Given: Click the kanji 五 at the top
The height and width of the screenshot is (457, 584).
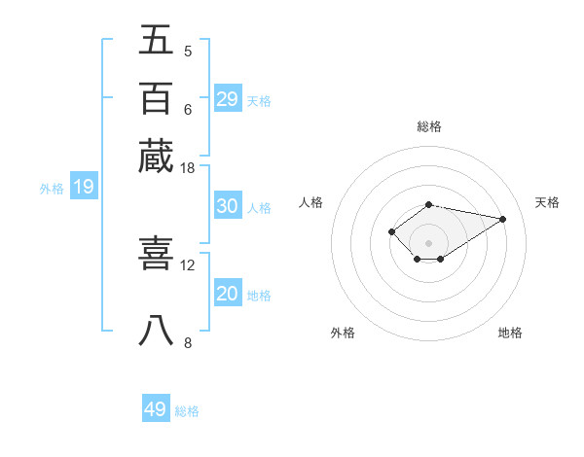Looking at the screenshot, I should (x=157, y=40).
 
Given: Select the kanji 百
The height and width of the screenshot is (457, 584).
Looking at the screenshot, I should (x=157, y=98).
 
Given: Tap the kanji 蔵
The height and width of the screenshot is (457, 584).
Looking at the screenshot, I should (x=157, y=157).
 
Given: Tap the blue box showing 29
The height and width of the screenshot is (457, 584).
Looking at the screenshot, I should (x=228, y=99).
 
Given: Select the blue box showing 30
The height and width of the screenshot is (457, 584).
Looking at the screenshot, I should (x=228, y=206).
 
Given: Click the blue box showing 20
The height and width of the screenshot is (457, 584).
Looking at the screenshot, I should (x=228, y=294).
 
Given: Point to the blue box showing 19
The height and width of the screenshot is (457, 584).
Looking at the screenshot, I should (x=83, y=187).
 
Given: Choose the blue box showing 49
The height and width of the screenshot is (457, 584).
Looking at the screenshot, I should (x=156, y=409).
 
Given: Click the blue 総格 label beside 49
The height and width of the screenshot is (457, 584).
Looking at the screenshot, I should (x=187, y=411).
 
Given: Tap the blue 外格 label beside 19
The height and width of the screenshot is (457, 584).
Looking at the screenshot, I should (x=52, y=189).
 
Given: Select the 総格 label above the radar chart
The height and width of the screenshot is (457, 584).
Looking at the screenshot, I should (x=429, y=126).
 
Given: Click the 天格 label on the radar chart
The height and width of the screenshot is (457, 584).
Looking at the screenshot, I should (x=547, y=202).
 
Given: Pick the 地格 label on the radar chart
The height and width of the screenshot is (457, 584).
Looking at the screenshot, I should (x=510, y=333).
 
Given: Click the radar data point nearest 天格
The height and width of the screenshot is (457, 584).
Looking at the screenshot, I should (x=503, y=219).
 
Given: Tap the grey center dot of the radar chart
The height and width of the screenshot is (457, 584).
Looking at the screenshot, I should (x=428, y=242).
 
